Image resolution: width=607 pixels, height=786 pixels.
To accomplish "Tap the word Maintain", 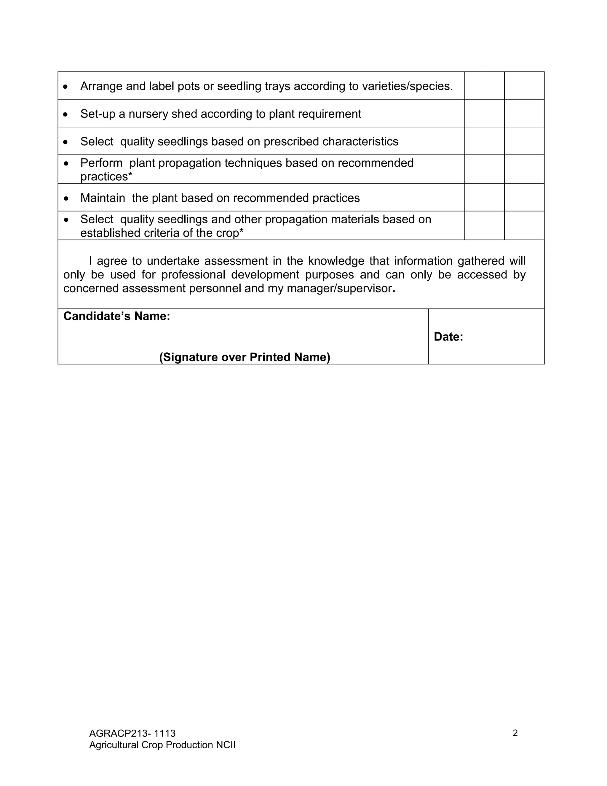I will (103, 198).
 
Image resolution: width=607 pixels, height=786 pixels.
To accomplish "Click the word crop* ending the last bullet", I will (230, 233).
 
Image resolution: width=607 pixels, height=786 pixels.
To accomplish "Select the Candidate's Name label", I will (116, 316).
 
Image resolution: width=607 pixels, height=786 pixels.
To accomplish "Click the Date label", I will (448, 337).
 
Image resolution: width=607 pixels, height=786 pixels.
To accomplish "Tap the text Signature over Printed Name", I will (245, 357).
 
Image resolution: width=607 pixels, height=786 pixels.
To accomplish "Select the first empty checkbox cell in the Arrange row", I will (484, 86).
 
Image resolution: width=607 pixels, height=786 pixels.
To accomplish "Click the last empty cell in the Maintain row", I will (524, 197).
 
